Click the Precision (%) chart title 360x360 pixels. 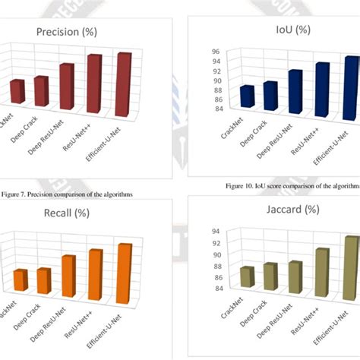pos(72,32)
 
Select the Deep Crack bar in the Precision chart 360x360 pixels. pos(41,92)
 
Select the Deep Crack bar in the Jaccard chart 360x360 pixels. pos(270,277)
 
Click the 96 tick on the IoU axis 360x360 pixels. pos(215,52)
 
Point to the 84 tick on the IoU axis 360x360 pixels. pos(215,109)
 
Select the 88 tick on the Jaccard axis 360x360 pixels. pos(215,266)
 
